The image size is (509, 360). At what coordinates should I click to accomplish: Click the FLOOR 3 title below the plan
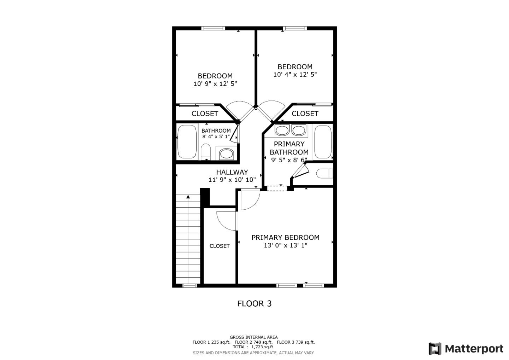[254, 303]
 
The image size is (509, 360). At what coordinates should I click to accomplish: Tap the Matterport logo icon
[435, 349]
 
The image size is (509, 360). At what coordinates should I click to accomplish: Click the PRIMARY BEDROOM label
[285, 238]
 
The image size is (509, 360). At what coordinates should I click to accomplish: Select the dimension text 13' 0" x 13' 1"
[285, 245]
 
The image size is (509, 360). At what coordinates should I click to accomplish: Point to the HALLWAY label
[232, 172]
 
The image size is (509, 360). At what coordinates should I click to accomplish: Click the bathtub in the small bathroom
[187, 142]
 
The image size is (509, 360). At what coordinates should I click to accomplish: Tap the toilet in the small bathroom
[205, 152]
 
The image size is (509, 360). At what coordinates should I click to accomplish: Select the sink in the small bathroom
[226, 154]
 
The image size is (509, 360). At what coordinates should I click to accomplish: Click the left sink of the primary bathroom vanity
[282, 130]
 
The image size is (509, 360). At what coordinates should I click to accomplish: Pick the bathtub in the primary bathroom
[323, 142]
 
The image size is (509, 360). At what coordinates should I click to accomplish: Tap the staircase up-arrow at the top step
[188, 197]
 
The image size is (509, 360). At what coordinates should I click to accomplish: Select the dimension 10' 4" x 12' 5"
[295, 75]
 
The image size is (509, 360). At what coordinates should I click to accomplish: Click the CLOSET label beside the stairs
[220, 246]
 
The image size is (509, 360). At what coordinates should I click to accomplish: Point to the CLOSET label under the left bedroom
[205, 114]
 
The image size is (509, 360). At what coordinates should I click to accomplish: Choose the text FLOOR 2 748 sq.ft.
[253, 342]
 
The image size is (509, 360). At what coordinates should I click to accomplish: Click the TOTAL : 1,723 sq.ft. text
[253, 347]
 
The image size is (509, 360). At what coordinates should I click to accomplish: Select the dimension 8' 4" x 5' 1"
[216, 137]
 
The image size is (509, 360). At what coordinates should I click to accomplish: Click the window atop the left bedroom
[213, 28]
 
